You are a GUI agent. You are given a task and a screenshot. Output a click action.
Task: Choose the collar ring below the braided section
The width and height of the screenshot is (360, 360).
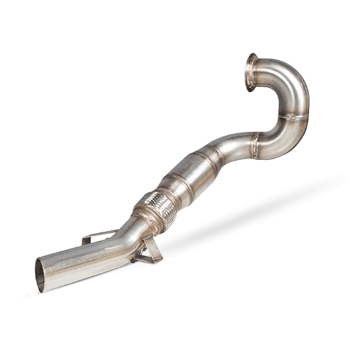142,220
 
